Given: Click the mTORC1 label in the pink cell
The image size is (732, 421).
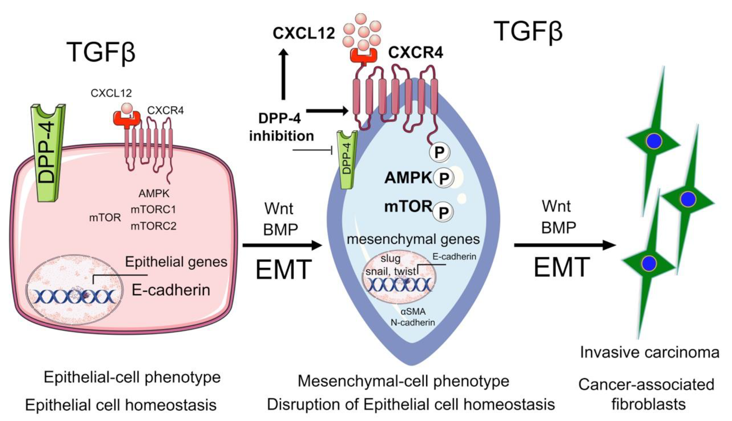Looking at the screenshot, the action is point(154,209).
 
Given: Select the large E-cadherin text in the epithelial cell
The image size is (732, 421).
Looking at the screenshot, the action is point(171,290).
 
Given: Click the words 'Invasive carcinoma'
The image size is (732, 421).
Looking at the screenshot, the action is point(649,353).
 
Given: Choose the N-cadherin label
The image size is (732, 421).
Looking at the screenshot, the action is point(413,322).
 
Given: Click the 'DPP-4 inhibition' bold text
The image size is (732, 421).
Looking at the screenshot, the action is point(281,127).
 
